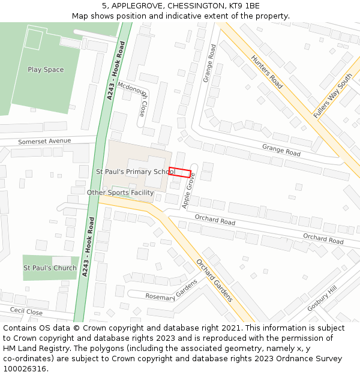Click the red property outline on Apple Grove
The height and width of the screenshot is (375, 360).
pyautogui.click(x=179, y=172)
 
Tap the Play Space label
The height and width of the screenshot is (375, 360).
pyautogui.click(x=46, y=70)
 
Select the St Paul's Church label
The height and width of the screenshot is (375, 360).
pyautogui.click(x=50, y=268)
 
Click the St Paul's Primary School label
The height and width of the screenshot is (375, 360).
pyautogui.click(x=135, y=172)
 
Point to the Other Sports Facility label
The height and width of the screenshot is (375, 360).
pyautogui.click(x=120, y=193)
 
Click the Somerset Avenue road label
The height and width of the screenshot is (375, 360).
pyautogui.click(x=44, y=141)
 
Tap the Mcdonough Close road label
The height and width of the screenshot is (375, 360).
pyautogui.click(x=133, y=99)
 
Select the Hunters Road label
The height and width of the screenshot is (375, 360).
pyautogui.click(x=267, y=72)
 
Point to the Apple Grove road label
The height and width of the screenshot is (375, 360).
pyautogui.click(x=190, y=191)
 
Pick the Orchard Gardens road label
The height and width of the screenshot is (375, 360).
pyautogui.click(x=214, y=280)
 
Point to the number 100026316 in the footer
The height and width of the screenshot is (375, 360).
pyautogui.click(x=25, y=368)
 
